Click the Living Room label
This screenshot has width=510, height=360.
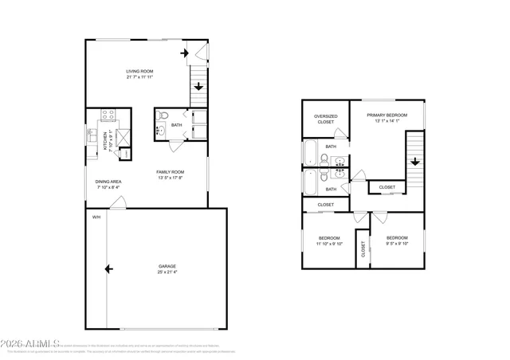point(139,72)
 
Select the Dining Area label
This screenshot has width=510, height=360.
point(108,182)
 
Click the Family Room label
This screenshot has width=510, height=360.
point(170,172)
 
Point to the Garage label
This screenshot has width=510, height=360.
point(167,266)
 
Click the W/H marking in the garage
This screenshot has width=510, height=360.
point(96,217)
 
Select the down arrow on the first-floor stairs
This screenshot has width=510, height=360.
point(198,87)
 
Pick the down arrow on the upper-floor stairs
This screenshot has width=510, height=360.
point(414,162)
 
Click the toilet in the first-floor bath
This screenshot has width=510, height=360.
point(163,117)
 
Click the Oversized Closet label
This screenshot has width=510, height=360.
point(325,119)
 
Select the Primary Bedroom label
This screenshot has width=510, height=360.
point(386,115)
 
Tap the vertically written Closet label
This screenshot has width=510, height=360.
point(363,250)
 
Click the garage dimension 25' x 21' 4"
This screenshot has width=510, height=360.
point(167,272)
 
